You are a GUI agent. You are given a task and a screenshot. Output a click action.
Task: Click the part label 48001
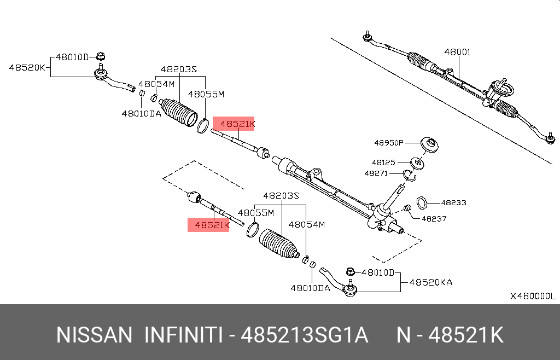(457, 53)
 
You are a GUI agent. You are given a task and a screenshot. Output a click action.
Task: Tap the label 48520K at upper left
(27, 68)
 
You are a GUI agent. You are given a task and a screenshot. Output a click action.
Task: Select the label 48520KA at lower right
(430, 282)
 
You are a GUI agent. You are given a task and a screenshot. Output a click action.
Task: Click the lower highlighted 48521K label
(208, 224)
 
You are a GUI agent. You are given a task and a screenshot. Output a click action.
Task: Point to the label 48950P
(388, 143)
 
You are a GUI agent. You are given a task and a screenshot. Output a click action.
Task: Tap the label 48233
(453, 202)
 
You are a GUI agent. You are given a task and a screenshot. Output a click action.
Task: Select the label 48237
(434, 218)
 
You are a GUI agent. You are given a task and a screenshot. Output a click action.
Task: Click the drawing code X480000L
(532, 296)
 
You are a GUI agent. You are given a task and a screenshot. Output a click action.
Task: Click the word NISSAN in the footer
(94, 335)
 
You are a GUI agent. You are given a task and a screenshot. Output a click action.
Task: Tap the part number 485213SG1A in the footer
(306, 335)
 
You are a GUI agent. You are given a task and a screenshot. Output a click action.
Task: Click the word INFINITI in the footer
(182, 335)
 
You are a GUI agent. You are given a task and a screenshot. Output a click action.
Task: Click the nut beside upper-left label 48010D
(101, 56)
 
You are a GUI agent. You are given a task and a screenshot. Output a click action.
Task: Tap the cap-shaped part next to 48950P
(430, 145)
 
